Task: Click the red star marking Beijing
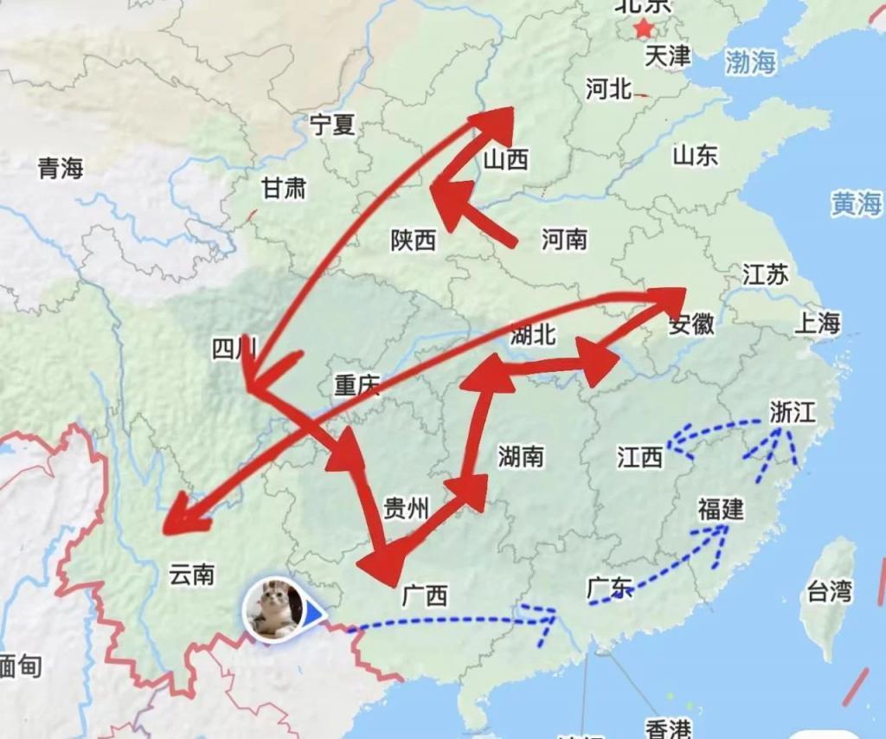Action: click(x=643, y=29)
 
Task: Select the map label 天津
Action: click(x=668, y=57)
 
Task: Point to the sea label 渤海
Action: click(x=750, y=61)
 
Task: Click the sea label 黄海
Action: click(x=857, y=203)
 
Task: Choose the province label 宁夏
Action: click(x=332, y=125)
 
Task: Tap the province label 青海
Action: click(x=61, y=168)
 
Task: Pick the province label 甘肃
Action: click(x=284, y=188)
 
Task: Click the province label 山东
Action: click(x=695, y=155)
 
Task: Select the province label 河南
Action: click(x=564, y=239)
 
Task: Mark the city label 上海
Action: click(x=817, y=323)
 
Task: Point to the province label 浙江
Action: click(x=793, y=412)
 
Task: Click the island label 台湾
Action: click(x=829, y=592)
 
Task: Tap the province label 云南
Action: click(x=191, y=574)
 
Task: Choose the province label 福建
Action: click(x=721, y=510)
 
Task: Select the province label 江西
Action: click(x=639, y=457)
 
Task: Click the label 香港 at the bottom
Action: click(x=667, y=728)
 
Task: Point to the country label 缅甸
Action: click(x=19, y=666)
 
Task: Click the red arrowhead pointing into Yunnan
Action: click(x=183, y=519)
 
